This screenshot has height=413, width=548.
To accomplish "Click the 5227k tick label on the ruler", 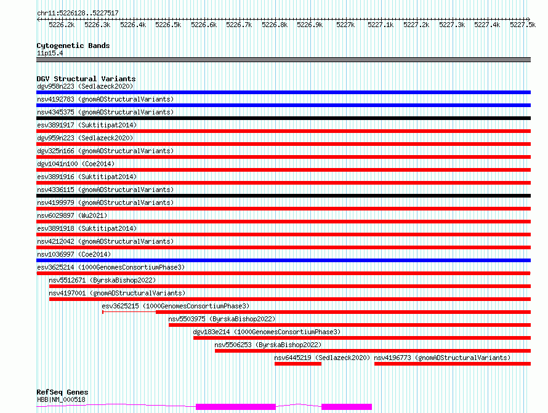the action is coord(345,25).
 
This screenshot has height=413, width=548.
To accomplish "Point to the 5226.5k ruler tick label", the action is coord(168,25).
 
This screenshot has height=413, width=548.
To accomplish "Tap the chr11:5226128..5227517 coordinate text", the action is coord(78,13).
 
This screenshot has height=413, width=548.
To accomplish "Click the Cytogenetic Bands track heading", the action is coord(73,46).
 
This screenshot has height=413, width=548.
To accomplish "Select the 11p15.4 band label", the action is coord(50,53).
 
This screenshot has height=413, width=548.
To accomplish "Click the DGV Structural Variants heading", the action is coord(86,79).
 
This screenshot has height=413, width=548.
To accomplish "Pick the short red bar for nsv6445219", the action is coord(298,364).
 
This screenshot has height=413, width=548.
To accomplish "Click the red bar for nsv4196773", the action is coord(452,364).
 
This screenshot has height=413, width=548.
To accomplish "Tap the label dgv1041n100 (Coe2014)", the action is coord(76,164).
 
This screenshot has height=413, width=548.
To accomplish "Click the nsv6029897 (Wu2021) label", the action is coord(72,215).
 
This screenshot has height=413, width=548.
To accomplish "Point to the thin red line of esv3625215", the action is coord(129,312).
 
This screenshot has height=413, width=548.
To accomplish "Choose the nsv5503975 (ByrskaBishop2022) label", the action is coord(222,319).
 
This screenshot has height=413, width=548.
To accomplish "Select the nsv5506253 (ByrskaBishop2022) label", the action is coord(268,345).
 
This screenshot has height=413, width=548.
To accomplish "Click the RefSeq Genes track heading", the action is coord(62,392).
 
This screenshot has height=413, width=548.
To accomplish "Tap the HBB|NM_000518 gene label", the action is coord(61,399).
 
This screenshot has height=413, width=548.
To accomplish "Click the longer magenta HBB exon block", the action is coord(236,407).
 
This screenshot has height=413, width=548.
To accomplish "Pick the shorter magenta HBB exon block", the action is coord(346,407).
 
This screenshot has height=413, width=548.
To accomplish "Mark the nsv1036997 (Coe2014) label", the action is coord(74,254).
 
